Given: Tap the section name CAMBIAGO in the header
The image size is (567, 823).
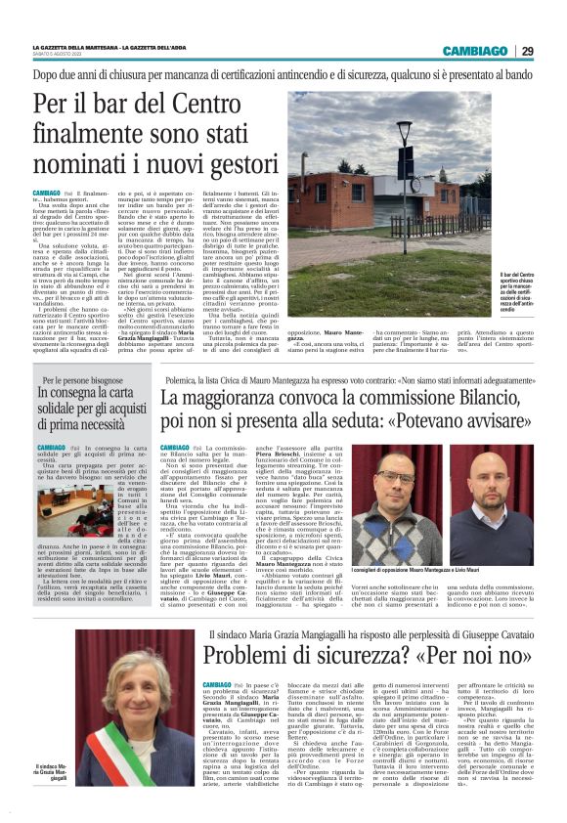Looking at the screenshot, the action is pos(476,52).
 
